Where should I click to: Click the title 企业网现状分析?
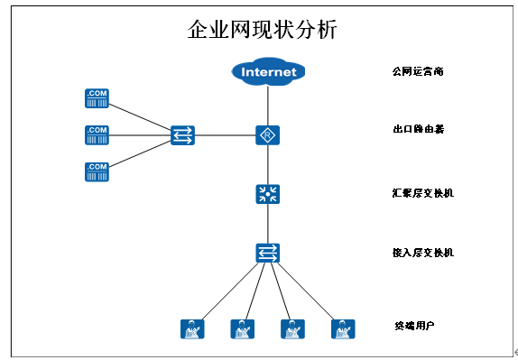point(262,30)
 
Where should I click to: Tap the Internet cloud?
point(267,71)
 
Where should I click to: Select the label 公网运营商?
point(417,70)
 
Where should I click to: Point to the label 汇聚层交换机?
point(422,192)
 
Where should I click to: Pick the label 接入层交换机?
point(422,252)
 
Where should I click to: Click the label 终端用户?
point(415,325)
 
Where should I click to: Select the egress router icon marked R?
point(267,135)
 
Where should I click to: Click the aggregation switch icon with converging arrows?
point(267,193)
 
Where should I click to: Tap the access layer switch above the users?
point(267,253)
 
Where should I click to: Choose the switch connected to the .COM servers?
point(182,135)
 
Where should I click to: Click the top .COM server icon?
point(97,98)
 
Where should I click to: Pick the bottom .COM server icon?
point(97,171)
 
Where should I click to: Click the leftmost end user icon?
point(190,329)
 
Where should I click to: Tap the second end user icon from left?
point(241,329)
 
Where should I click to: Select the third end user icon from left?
point(291,329)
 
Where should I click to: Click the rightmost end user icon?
point(341,329)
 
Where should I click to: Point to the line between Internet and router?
point(267,105)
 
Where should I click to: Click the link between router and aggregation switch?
point(267,164)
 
